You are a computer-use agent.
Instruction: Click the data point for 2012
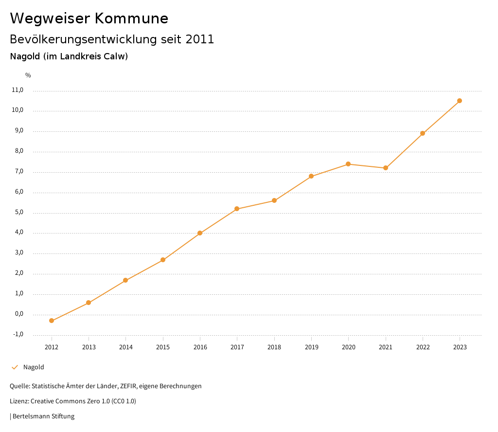click(x=52, y=321)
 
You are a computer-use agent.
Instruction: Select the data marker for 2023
click(x=460, y=101)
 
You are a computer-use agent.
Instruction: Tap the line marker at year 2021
click(x=386, y=168)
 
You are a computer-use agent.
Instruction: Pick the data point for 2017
click(x=237, y=209)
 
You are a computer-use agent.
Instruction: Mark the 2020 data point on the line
click(x=348, y=164)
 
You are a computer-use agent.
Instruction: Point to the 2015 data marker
click(x=163, y=260)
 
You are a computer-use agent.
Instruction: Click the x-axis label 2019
click(x=311, y=347)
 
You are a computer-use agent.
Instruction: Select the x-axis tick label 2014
click(x=125, y=347)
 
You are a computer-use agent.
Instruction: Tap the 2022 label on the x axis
click(x=423, y=347)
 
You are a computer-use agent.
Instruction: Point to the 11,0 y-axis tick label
click(x=17, y=90)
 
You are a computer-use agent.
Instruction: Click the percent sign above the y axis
click(x=28, y=75)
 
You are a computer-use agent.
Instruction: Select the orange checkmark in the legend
click(x=15, y=367)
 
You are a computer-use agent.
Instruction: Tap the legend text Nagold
click(x=34, y=367)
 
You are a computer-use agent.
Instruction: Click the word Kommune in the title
click(x=131, y=18)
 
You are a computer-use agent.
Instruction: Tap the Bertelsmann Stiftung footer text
click(x=43, y=416)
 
